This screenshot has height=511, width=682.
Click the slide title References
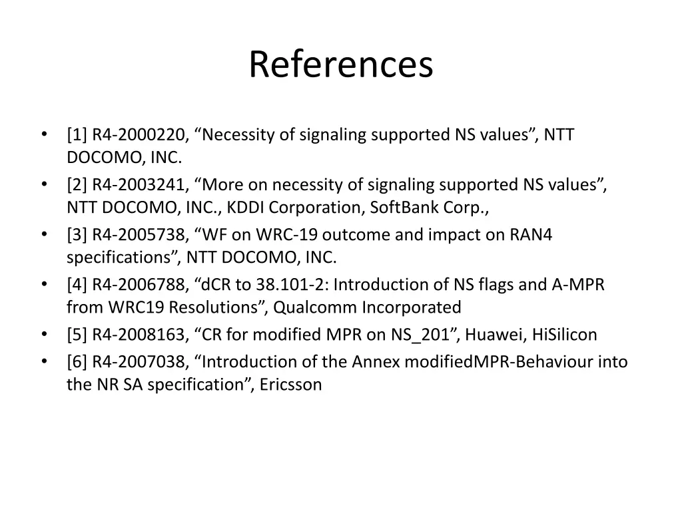(x=341, y=65)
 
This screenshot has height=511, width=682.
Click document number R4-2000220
(x=139, y=135)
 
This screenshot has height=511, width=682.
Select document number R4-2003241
(x=139, y=185)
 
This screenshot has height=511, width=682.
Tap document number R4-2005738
(x=139, y=235)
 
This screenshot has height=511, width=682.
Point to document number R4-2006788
(x=139, y=285)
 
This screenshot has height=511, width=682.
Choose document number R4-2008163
(x=139, y=335)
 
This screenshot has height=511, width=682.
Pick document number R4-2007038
(x=139, y=362)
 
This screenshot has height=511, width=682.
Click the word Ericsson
(x=292, y=385)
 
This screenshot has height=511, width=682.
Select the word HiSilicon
(x=565, y=335)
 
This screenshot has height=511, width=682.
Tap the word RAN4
(x=531, y=235)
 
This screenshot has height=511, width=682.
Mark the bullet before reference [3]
(x=44, y=235)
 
